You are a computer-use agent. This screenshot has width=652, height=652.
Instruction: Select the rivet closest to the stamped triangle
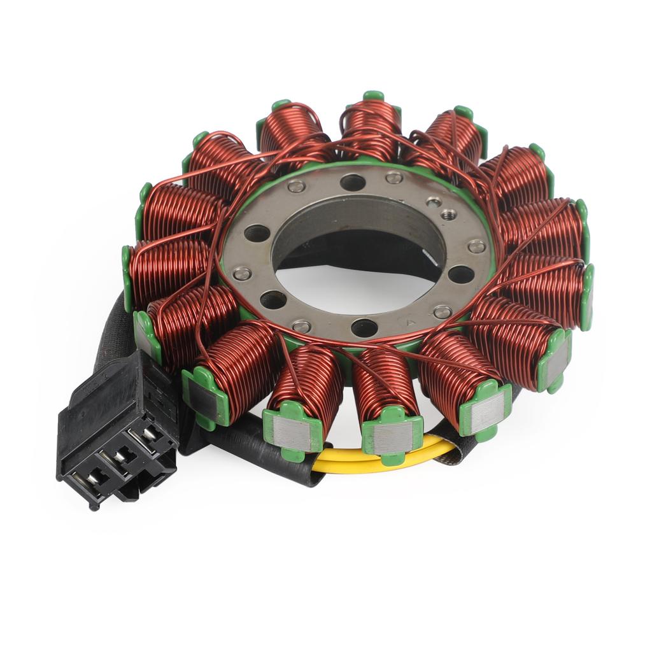pos(442,312)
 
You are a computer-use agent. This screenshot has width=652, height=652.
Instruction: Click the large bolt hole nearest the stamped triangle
pos(364,327)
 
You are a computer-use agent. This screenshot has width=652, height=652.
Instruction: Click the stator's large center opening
pos(357,255)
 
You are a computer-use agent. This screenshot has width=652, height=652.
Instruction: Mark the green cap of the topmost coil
pos(374,97)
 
